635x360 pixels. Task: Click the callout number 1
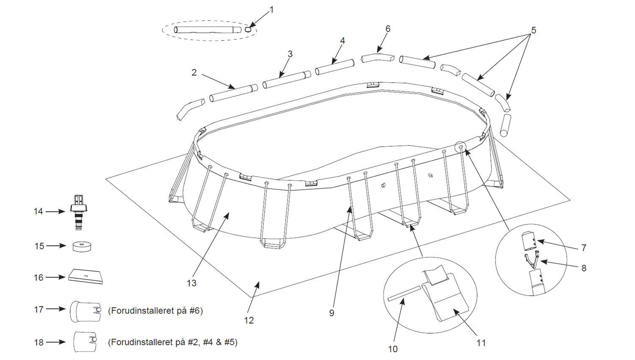272,9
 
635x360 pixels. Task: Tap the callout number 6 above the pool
388,29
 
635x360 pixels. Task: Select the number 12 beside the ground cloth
249,321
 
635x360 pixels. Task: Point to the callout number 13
191,283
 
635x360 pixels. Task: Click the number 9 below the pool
331,313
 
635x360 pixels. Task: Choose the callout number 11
481,343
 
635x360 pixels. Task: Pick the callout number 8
584,268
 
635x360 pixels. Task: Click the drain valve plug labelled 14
79,211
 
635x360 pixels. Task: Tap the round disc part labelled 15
82,246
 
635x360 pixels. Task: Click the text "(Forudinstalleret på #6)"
155,311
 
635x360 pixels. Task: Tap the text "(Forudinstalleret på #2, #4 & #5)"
173,342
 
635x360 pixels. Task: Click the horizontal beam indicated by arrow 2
234,93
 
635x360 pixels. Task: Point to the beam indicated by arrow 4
334,67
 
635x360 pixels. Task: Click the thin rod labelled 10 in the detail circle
404,294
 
